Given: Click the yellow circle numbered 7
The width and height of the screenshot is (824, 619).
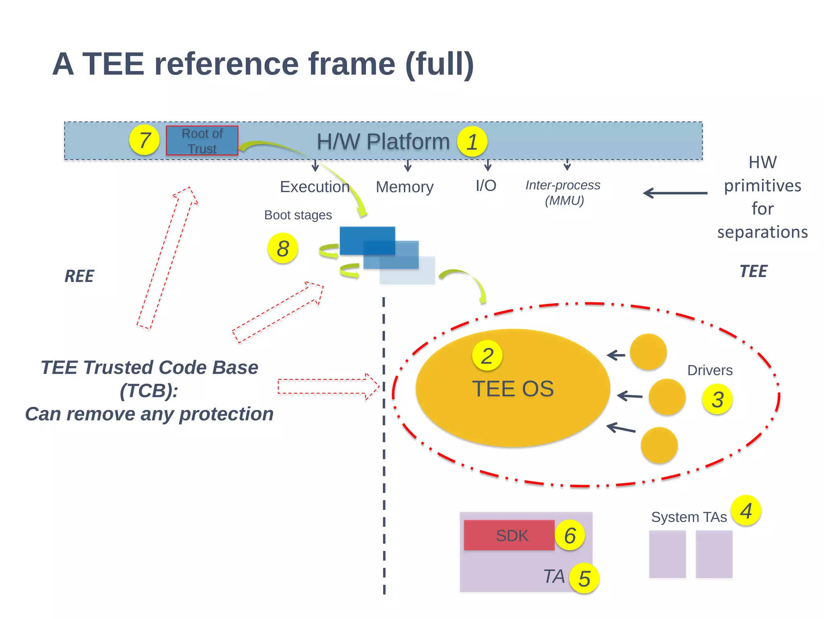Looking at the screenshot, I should [x=144, y=140].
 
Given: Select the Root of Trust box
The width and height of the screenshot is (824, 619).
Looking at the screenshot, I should [x=202, y=141].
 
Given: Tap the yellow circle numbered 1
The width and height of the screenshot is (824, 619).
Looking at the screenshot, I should [x=472, y=142].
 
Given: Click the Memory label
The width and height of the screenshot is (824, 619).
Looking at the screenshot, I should [x=404, y=187].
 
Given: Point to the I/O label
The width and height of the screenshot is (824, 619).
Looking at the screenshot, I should [x=486, y=186].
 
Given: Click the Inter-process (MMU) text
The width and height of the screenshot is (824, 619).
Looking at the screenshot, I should [x=563, y=193].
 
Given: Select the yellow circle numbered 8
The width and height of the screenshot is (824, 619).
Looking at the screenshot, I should [x=282, y=248].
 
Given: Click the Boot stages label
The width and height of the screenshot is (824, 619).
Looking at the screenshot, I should [x=298, y=215].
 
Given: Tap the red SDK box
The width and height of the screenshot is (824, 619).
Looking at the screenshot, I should [x=509, y=535].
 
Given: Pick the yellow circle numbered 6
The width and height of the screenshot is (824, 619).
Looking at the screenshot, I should [x=569, y=535].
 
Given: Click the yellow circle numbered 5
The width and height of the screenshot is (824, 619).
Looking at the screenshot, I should [x=584, y=578].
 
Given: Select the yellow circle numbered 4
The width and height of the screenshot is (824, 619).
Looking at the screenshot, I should [x=746, y=511].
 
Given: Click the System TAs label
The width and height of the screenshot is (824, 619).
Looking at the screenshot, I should [x=689, y=517].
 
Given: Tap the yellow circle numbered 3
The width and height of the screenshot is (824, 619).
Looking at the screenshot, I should [x=717, y=399].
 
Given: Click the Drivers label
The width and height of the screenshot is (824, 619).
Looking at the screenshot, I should [x=710, y=370].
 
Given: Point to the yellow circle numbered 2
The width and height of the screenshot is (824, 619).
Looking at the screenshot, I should [x=487, y=356].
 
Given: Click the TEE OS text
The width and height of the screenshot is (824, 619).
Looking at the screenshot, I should [x=513, y=389].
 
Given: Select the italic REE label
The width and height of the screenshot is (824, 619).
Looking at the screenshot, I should [x=79, y=276].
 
